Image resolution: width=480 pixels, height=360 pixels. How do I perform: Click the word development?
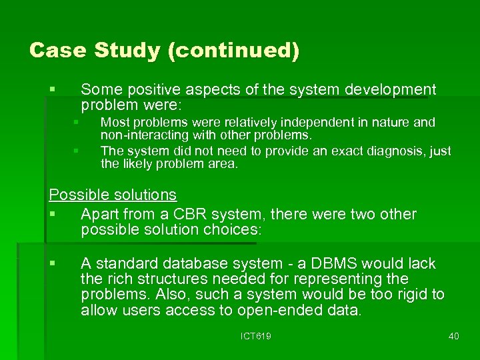click(x=391, y=90)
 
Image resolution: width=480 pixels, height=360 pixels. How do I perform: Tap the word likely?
click(x=136, y=164)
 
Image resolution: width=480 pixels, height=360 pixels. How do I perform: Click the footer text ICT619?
click(x=255, y=337)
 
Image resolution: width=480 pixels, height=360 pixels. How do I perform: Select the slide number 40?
click(x=453, y=337)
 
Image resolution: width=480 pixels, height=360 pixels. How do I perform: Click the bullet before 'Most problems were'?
click(x=76, y=123)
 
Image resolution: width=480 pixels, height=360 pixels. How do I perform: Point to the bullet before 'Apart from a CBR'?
click(x=53, y=215)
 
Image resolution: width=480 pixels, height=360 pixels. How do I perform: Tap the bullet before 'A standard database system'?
click(x=53, y=264)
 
